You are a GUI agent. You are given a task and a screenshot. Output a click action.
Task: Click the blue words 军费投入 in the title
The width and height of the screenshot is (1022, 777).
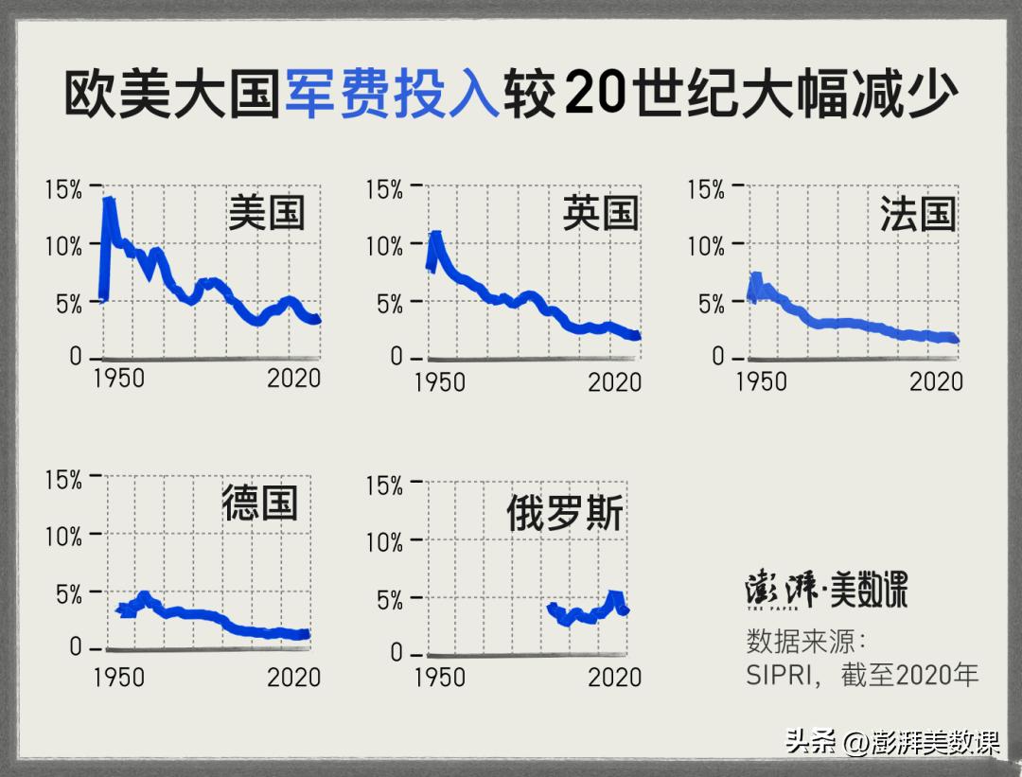click(392, 94)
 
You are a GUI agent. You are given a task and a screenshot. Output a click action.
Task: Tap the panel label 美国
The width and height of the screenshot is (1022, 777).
click(267, 213)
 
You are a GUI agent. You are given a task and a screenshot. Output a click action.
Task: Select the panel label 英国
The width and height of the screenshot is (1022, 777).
click(600, 213)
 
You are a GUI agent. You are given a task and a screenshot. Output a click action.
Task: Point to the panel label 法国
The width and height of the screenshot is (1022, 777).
click(918, 214)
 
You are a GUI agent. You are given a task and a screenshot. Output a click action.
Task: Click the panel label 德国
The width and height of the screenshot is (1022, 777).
click(260, 503)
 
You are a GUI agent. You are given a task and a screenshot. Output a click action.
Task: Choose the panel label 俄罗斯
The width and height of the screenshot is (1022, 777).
click(565, 514)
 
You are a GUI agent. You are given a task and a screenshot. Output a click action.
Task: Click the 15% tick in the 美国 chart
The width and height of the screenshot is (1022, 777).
click(63, 189)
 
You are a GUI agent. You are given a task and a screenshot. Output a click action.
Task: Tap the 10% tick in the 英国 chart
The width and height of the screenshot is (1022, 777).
click(384, 246)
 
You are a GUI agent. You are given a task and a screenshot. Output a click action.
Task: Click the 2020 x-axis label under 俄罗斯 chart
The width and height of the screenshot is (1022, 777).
click(615, 677)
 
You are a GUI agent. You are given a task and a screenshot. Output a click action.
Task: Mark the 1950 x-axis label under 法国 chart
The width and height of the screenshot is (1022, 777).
click(761, 380)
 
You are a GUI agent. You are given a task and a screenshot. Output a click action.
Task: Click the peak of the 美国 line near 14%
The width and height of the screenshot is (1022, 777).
click(109, 202)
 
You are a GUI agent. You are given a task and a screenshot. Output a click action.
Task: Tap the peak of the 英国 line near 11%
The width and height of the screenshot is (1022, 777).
click(435, 235)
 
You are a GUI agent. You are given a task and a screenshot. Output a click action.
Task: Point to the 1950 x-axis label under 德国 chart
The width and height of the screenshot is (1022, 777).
click(118, 677)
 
